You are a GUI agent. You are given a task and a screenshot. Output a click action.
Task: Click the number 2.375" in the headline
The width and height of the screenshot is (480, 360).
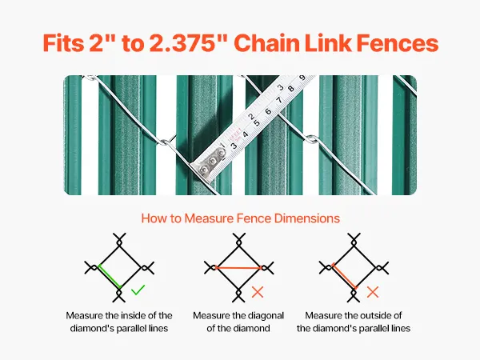(x=189, y=43)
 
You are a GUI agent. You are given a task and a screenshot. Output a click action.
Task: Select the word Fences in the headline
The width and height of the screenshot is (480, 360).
(x=398, y=43)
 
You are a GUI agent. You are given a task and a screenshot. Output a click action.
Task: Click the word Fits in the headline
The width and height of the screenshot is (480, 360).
(x=63, y=43)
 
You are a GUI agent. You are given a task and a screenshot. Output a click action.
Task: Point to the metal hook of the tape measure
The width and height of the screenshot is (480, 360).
(x=207, y=166)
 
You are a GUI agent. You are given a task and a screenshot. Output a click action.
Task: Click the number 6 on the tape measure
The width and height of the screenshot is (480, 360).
(x=268, y=111)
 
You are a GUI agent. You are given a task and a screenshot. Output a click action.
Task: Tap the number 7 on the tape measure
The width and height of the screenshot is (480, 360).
(x=279, y=100)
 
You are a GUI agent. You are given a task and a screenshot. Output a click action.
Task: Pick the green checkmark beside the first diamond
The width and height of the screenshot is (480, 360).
(x=138, y=290)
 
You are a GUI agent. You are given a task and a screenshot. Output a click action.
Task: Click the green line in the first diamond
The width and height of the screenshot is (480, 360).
(x=110, y=277)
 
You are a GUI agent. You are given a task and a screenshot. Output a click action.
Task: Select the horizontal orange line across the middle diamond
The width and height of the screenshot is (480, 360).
(x=238, y=268)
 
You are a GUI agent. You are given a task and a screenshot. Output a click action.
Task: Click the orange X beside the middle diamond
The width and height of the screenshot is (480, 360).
(x=258, y=292)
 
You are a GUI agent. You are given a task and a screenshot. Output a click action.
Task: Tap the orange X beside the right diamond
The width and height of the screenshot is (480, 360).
(x=373, y=292)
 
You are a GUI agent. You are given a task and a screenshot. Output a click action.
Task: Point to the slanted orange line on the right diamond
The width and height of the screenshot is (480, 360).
(x=345, y=276)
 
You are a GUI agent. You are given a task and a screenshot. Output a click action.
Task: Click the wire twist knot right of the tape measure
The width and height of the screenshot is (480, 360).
(x=312, y=139)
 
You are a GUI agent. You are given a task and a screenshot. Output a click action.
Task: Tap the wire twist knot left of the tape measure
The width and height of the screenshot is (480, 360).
(x=166, y=142)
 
